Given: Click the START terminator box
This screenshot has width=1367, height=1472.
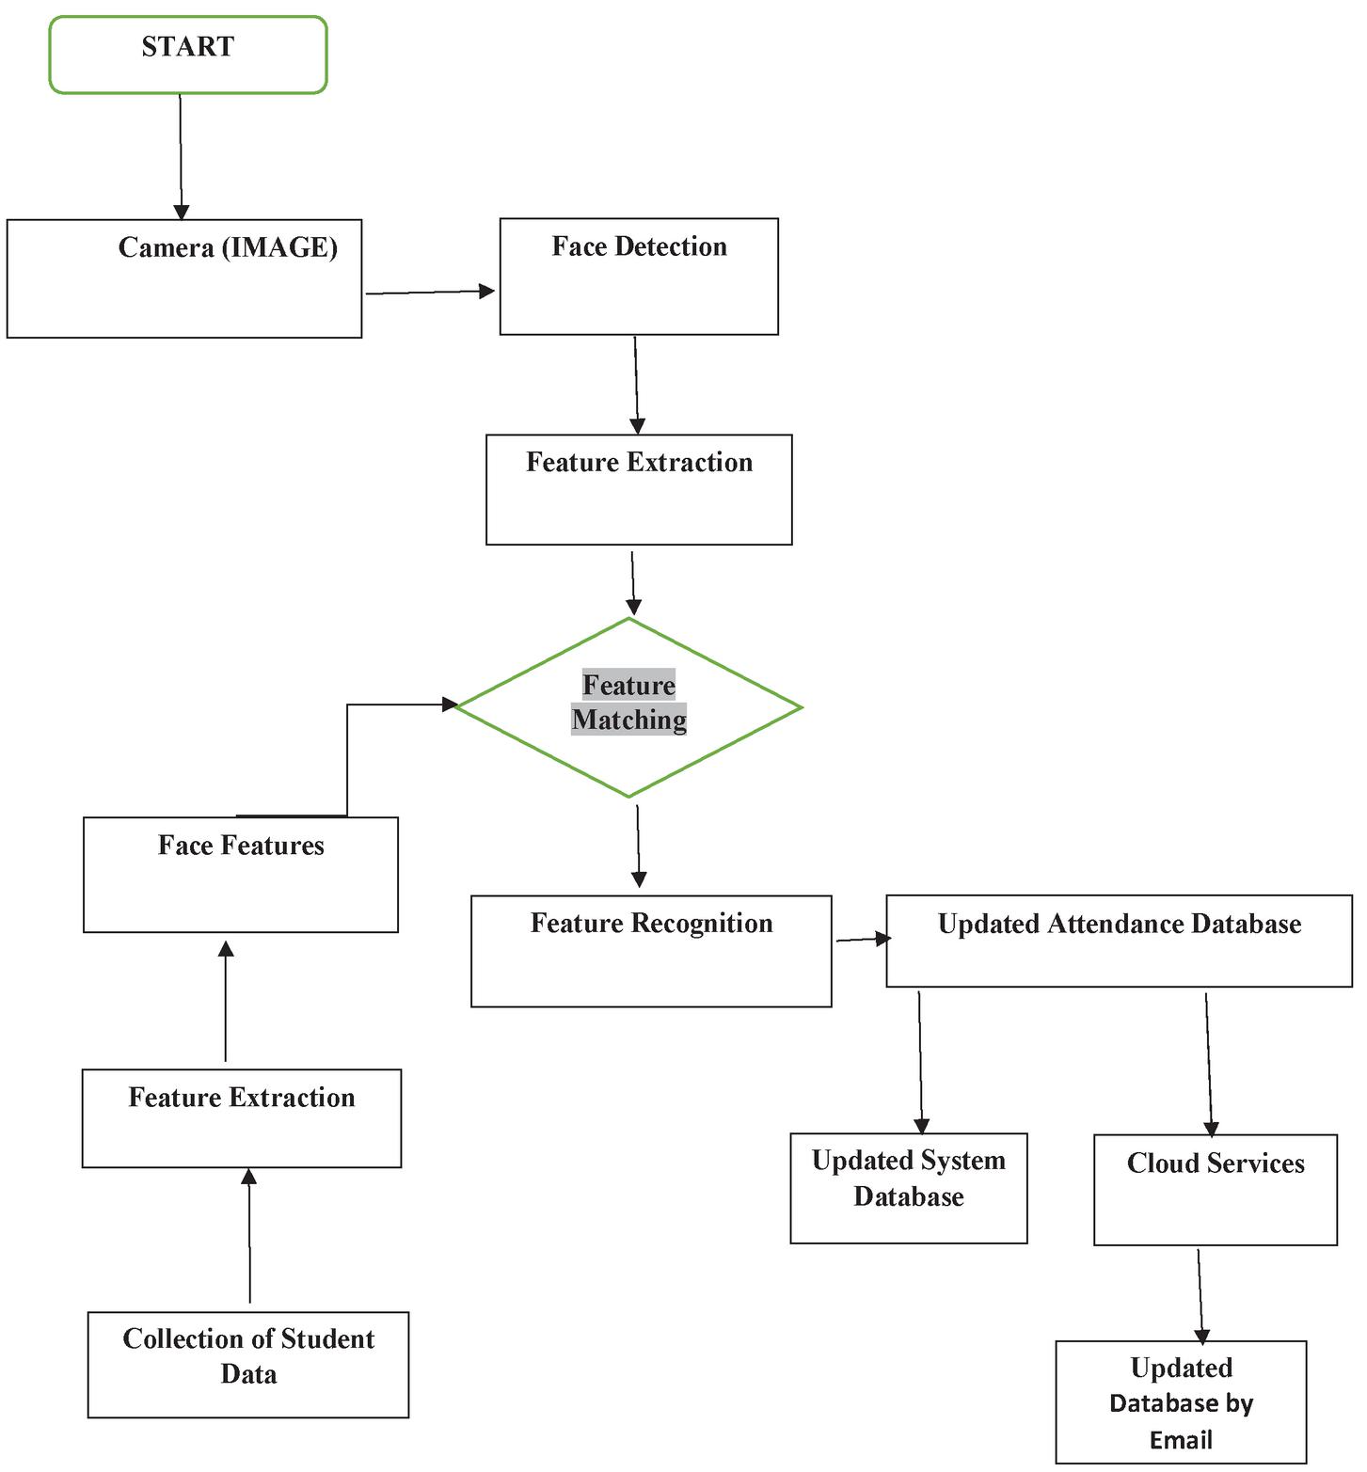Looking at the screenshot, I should pyautogui.click(x=188, y=55).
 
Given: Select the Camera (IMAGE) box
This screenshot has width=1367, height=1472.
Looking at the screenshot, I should pyautogui.click(x=184, y=278).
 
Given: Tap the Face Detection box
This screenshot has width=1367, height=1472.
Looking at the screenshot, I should pyautogui.click(x=639, y=277).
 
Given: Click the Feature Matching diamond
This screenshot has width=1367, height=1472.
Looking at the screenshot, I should pyautogui.click(x=628, y=707).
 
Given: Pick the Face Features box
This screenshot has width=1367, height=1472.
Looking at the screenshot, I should pyautogui.click(x=241, y=875).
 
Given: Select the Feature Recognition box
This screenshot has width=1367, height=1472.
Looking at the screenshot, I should pyautogui.click(x=651, y=951).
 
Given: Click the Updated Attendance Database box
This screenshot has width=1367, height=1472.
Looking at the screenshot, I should pyautogui.click(x=1119, y=941).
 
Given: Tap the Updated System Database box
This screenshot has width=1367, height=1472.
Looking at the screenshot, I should pyautogui.click(x=909, y=1188).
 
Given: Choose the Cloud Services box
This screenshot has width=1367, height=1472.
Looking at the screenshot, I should pyautogui.click(x=1216, y=1190).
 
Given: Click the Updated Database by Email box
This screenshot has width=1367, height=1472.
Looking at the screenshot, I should pyautogui.click(x=1182, y=1401).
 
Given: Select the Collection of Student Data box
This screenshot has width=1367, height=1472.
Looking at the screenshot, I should pyautogui.click(x=248, y=1364).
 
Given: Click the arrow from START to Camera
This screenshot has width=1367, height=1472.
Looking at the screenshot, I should pyautogui.click(x=181, y=156).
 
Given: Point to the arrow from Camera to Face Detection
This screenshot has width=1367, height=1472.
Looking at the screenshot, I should pyautogui.click(x=429, y=293).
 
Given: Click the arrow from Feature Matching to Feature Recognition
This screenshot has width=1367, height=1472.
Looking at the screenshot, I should pyautogui.click(x=638, y=845).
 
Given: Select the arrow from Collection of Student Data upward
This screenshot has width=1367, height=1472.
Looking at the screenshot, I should pyautogui.click(x=249, y=1236).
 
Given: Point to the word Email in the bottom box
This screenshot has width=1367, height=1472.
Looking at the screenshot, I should pyautogui.click(x=1181, y=1440).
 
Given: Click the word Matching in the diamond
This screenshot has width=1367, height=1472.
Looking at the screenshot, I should pyautogui.click(x=629, y=720).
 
